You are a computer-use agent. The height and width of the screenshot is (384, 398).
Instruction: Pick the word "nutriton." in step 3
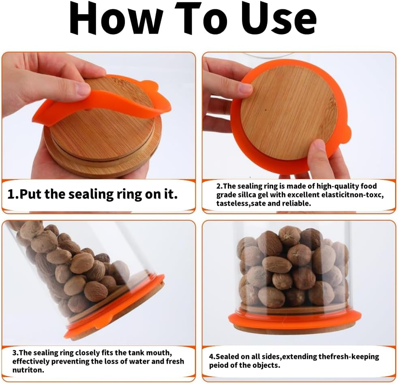click(28, 370)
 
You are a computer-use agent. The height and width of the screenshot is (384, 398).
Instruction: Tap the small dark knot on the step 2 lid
click(265, 111)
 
